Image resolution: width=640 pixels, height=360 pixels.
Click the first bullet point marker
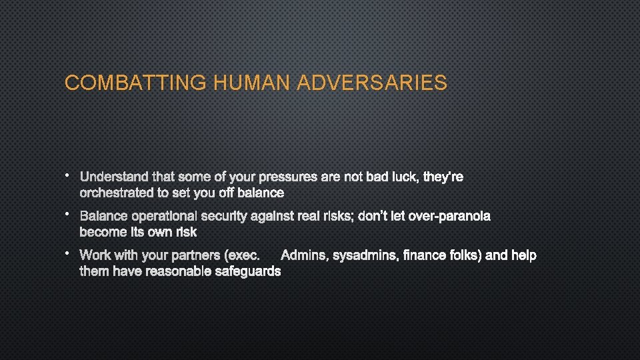pos(68,176)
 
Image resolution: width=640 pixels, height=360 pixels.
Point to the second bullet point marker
pos(68,215)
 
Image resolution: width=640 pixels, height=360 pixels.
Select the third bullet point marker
pos(68,254)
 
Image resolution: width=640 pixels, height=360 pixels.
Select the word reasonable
pos(179,271)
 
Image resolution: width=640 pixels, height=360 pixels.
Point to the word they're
pos(444,177)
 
